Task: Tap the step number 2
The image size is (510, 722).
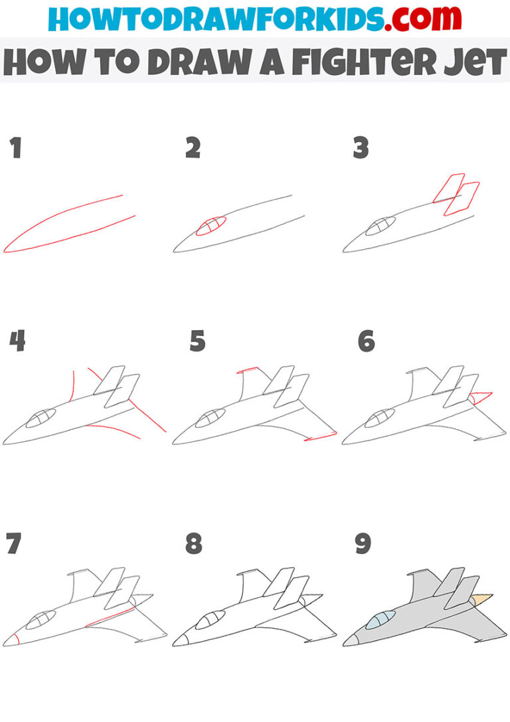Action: coord(193,148)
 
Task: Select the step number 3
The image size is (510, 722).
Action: coord(361,148)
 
